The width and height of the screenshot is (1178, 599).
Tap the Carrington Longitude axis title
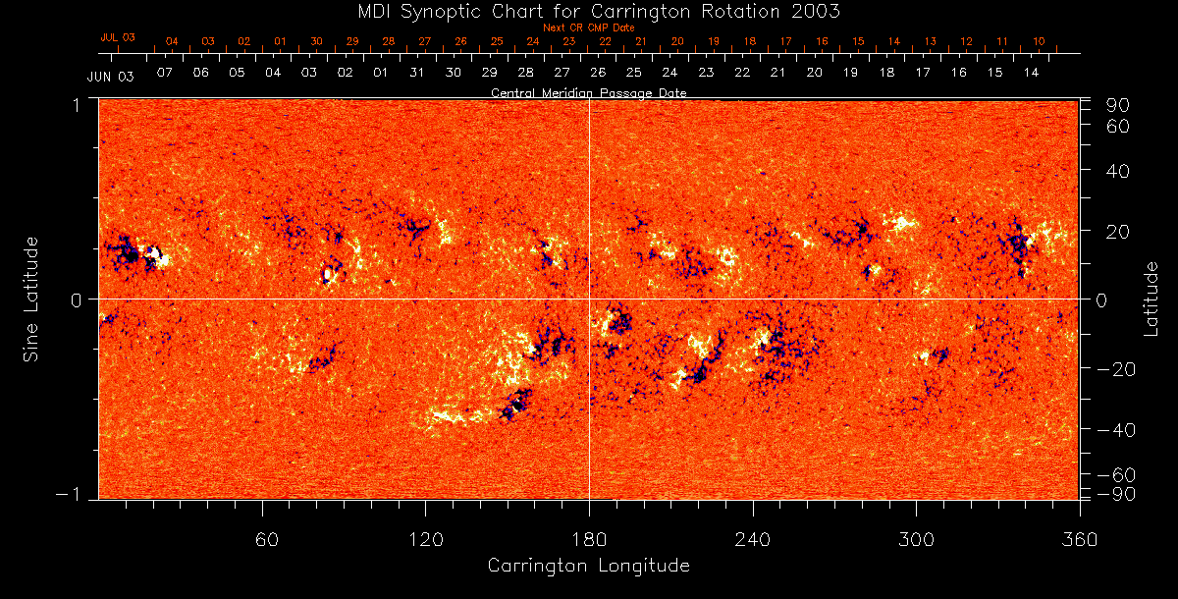[x=588, y=566]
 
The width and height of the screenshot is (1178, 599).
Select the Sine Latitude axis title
[x=31, y=299]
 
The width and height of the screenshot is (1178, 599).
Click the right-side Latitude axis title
[x=1151, y=299]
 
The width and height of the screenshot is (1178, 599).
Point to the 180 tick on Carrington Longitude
[x=588, y=539]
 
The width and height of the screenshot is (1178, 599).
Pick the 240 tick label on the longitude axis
[x=752, y=539]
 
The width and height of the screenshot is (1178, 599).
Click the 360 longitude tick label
[x=1080, y=539]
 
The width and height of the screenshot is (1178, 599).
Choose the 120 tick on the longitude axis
[x=426, y=539]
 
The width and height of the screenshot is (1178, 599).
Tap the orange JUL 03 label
[x=117, y=37]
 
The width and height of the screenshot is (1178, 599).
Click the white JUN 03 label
[x=110, y=76]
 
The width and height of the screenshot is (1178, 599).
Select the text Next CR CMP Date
[x=588, y=27]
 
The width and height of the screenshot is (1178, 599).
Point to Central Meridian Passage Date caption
[x=588, y=93]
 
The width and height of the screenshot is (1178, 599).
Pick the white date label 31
[x=416, y=73]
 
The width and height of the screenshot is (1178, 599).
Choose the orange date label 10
[x=1039, y=42]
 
